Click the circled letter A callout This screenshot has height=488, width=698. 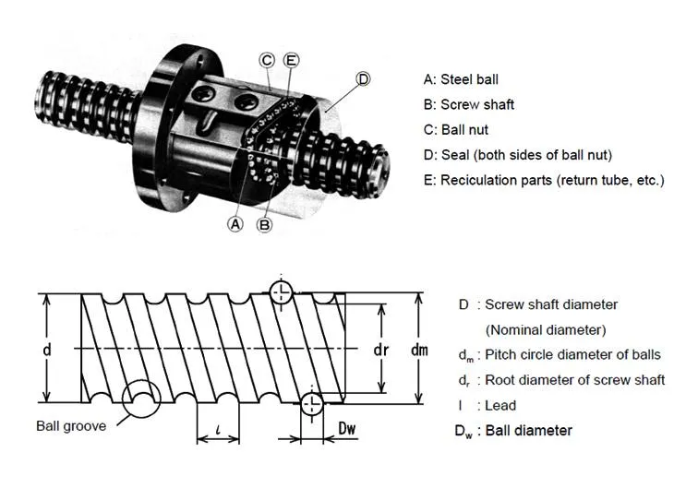(235, 223)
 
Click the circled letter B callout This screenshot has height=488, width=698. (264, 223)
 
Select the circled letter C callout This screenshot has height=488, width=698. (268, 60)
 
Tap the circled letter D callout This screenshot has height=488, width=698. (363, 79)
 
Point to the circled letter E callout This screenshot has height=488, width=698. (292, 60)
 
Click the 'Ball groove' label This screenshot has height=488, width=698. (71, 425)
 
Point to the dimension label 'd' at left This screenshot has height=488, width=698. (46, 350)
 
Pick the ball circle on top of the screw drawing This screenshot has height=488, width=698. (282, 292)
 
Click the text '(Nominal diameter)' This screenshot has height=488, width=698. (545, 328)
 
